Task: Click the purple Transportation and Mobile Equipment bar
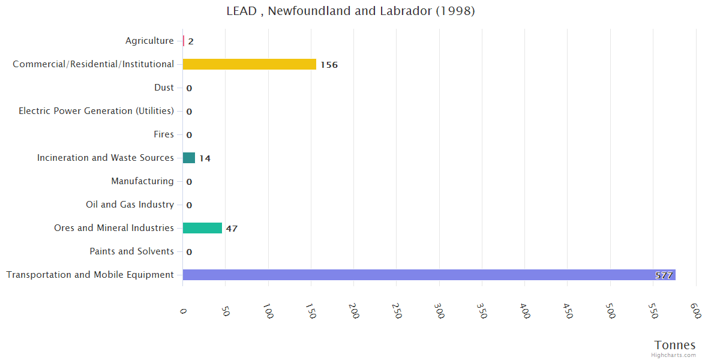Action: click(x=429, y=275)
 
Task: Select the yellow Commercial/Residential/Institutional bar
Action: click(x=249, y=64)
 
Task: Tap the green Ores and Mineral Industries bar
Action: click(x=202, y=228)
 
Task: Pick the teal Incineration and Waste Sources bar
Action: click(x=189, y=158)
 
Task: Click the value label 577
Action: click(x=664, y=275)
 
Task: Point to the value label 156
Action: click(x=329, y=65)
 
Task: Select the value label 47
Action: click(x=232, y=229)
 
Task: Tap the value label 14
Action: click(x=205, y=158)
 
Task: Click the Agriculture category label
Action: click(x=149, y=41)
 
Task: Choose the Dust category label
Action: click(x=164, y=88)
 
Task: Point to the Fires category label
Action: click(x=163, y=134)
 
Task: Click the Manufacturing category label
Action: click(x=142, y=181)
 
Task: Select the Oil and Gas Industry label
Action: click(x=130, y=205)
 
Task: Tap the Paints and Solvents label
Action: click(x=131, y=251)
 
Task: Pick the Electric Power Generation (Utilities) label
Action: click(x=96, y=111)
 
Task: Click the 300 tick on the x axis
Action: click(x=440, y=310)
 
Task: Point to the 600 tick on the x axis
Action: click(x=695, y=310)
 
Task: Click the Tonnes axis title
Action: click(x=674, y=345)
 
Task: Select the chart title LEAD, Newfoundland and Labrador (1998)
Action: click(x=350, y=11)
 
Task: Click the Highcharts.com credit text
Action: click(x=673, y=355)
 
